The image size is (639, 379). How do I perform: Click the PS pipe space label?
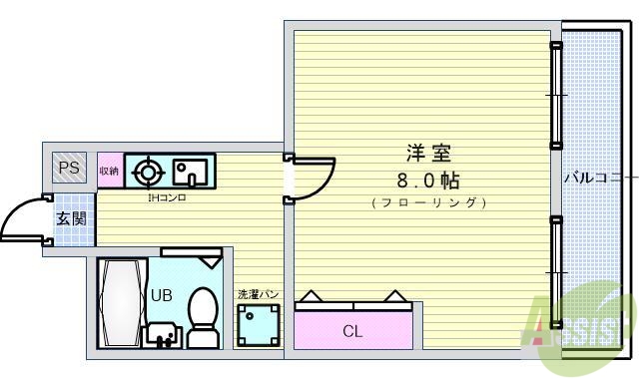(69, 169)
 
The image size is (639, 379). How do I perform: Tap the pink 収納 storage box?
(109, 171)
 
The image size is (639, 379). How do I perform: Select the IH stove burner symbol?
(148, 173)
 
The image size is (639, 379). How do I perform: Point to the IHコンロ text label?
(167, 197)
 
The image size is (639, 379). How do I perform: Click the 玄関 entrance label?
(70, 218)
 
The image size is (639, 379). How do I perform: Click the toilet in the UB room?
(203, 316)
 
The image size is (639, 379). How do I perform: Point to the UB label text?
(162, 295)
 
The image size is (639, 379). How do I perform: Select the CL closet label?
(352, 331)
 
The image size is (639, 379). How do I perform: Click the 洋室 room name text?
(428, 154)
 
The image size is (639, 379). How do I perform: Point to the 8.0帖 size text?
(428, 181)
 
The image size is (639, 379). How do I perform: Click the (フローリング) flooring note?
(428, 202)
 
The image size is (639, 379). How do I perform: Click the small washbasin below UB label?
(161, 332)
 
